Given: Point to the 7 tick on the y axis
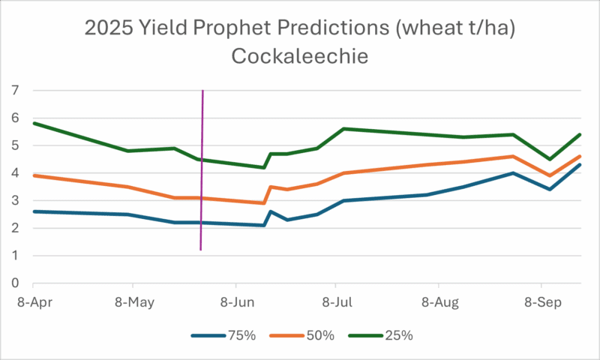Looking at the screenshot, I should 13,91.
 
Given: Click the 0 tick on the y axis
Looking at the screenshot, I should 13,284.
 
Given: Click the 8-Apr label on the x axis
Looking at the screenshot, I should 33,302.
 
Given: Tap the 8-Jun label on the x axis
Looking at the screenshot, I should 235,302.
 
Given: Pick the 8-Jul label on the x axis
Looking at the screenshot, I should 335,302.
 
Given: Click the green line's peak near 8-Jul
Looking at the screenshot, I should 343,129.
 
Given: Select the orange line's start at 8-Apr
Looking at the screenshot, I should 34,175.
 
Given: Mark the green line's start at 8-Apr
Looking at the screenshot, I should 34,123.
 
